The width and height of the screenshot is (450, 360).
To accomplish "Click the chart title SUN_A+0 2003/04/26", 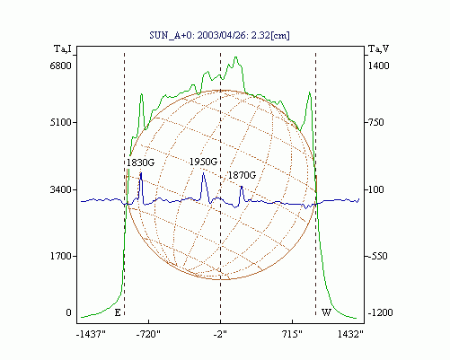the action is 219,35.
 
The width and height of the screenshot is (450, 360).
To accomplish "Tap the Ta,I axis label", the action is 63,48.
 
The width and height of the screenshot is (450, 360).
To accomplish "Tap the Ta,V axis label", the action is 378,48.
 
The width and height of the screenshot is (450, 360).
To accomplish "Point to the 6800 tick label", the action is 61,66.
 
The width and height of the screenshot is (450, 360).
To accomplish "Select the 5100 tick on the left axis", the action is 61,122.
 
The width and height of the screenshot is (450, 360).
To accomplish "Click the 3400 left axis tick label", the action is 61,189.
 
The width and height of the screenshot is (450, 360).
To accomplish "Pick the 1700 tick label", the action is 61,256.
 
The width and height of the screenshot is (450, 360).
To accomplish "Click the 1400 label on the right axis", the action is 378,66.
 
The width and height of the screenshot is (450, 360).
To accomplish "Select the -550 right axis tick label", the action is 376,256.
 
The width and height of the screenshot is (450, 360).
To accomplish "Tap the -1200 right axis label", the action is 380,312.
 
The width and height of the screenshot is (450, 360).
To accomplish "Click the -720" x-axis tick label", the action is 148,334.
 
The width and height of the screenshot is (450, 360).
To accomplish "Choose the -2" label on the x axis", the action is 220,334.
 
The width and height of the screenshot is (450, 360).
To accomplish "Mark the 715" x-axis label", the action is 292,334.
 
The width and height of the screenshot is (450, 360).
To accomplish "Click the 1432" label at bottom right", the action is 350,334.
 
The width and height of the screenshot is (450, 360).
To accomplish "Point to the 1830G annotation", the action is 140,162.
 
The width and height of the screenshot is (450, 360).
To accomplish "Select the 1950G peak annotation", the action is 203,162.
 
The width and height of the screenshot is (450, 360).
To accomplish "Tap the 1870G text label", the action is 242,175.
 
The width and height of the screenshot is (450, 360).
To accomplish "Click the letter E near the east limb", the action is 118,312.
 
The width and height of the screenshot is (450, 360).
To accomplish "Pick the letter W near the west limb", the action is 326,312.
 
